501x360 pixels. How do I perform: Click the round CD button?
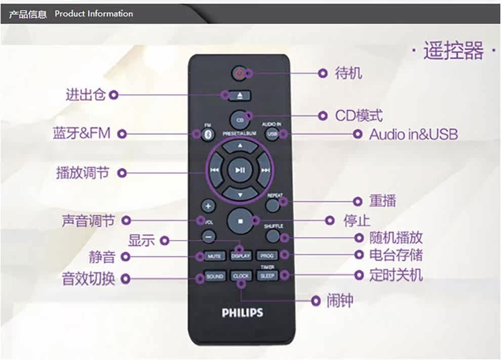point(240,119)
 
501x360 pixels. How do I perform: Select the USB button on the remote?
point(272,134)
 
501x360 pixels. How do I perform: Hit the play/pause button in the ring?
point(240,170)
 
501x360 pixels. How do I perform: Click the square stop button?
point(240,221)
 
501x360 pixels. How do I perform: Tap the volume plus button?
point(208,207)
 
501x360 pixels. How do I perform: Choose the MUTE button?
point(214,256)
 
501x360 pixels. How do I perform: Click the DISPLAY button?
point(241,256)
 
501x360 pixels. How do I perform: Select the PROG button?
point(267,256)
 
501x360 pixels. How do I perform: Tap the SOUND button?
point(215,276)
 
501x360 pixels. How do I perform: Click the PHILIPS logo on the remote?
point(242,312)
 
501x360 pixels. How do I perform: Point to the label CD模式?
point(358,116)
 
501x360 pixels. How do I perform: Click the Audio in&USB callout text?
point(413,134)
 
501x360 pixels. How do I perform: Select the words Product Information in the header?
point(94,14)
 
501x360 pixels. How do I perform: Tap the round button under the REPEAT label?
point(273,205)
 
